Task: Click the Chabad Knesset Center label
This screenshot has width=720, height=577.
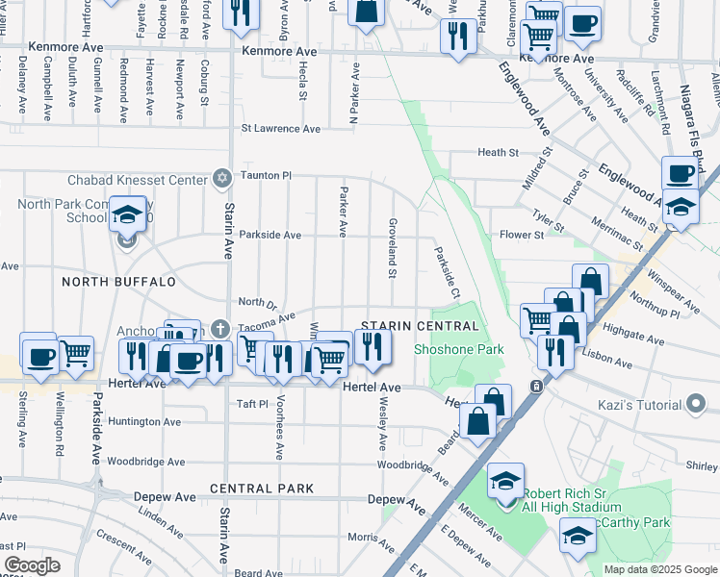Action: coord(136,180)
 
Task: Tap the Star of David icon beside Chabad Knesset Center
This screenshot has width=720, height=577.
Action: coord(222,179)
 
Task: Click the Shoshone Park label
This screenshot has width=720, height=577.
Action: coord(459,350)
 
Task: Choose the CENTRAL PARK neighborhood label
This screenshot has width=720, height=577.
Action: coord(262,489)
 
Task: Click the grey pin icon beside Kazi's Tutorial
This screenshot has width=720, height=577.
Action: coord(697,404)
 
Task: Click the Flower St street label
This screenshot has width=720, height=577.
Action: coord(523,235)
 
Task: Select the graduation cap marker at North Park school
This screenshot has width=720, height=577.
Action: coord(126,216)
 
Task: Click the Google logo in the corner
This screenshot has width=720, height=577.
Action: coord(32,565)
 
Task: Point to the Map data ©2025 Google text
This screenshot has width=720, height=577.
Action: coord(659,569)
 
